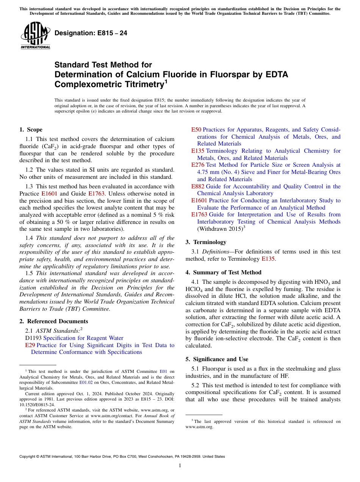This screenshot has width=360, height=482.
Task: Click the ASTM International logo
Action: click(35, 35)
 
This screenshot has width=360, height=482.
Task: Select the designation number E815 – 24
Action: click(91, 33)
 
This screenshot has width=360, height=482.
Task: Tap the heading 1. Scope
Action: click(31, 130)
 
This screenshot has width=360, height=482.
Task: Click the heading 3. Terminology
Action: click(206, 242)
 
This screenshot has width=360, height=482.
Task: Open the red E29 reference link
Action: click(30, 345)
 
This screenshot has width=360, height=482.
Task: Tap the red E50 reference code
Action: click(196, 130)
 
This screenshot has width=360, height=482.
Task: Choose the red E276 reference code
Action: click(197, 165)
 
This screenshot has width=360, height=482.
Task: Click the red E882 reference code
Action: click(197, 186)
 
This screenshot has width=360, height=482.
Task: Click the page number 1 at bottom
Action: click(180, 466)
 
